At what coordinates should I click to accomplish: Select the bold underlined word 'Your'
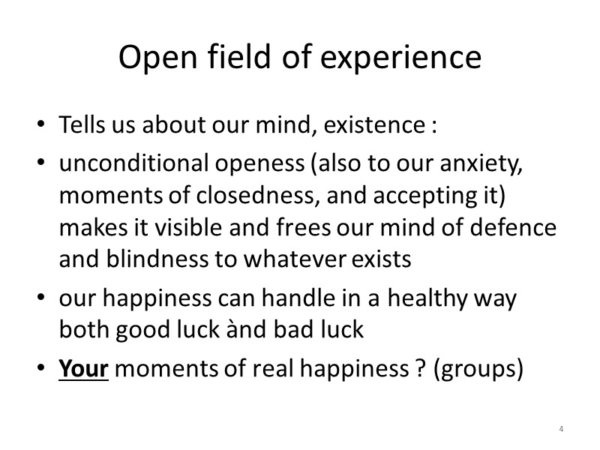(84, 370)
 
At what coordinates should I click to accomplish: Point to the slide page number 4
(561, 430)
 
